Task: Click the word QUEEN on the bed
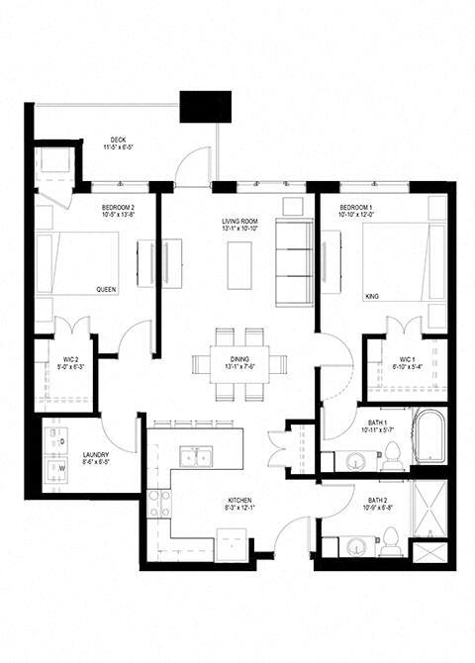[106, 290]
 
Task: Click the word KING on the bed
[373, 295]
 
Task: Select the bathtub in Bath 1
[430, 437]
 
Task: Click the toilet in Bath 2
[392, 540]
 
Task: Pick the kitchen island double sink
[194, 455]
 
